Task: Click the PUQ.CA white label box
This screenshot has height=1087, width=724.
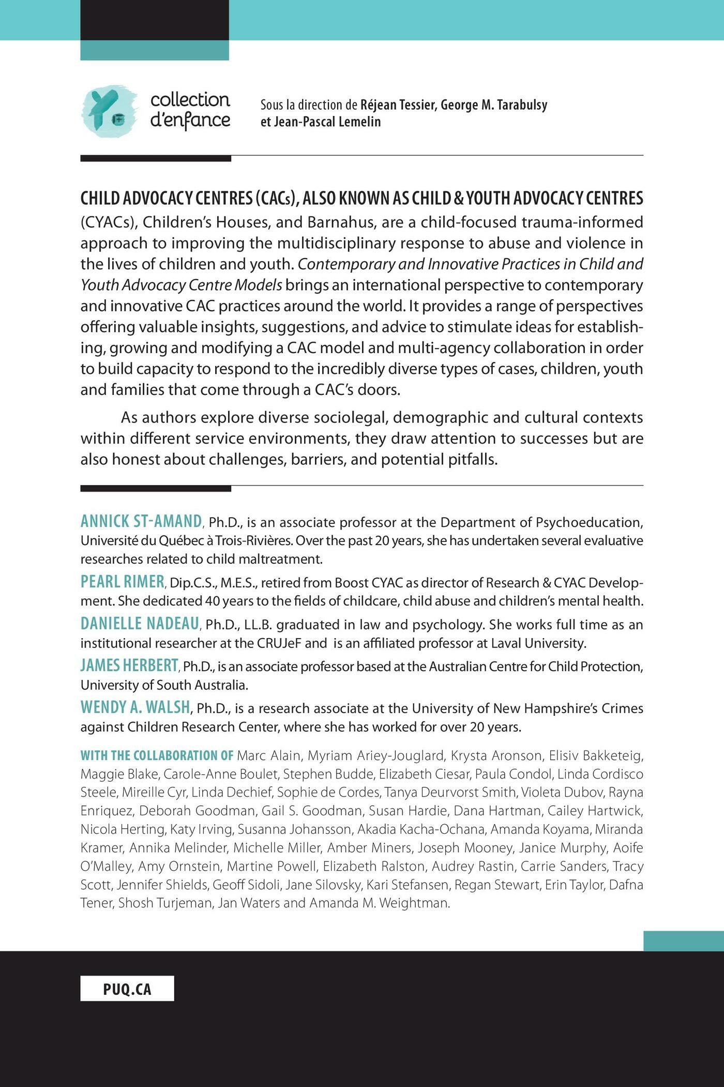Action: pyautogui.click(x=127, y=989)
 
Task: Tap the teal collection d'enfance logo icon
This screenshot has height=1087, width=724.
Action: pyautogui.click(x=109, y=111)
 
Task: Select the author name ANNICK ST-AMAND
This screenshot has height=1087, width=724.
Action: pyautogui.click(x=141, y=521)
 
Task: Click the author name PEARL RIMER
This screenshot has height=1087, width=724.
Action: pyautogui.click(x=123, y=582)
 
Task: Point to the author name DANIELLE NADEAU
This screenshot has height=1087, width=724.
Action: pyautogui.click(x=140, y=623)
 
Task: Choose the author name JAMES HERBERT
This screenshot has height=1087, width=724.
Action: pyautogui.click(x=129, y=665)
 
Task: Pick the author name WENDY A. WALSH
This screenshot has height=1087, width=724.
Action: pyautogui.click(x=135, y=707)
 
